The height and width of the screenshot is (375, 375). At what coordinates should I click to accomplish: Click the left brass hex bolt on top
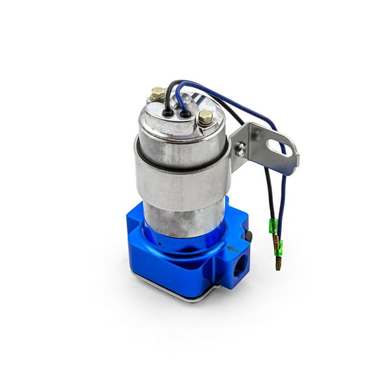[158, 94]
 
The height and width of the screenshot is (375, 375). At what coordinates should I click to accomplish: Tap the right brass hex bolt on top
[206, 118]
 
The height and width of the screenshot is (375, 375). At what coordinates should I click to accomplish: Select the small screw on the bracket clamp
[242, 150]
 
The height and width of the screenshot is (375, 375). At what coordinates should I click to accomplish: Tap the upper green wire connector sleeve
[274, 227]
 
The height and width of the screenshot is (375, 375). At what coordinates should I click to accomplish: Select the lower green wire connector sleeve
[279, 247]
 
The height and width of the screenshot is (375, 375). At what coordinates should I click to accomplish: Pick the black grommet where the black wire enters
[168, 112]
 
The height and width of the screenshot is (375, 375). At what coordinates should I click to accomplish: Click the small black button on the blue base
[247, 236]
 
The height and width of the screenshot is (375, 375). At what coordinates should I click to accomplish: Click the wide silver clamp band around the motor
[182, 179]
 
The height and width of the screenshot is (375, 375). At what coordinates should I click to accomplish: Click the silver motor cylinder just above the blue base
[182, 218]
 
